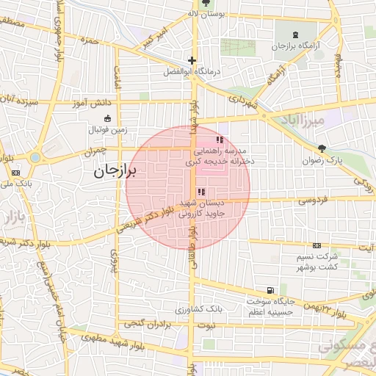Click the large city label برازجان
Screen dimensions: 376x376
click(x=117, y=172)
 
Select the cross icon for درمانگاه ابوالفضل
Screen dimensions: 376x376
click(x=192, y=61)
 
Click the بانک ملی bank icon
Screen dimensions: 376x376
click(x=15, y=173)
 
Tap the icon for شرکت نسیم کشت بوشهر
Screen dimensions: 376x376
click(x=317, y=245)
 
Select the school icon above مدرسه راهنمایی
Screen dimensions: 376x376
click(x=218, y=140)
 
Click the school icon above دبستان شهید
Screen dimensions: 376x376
click(x=201, y=192)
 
